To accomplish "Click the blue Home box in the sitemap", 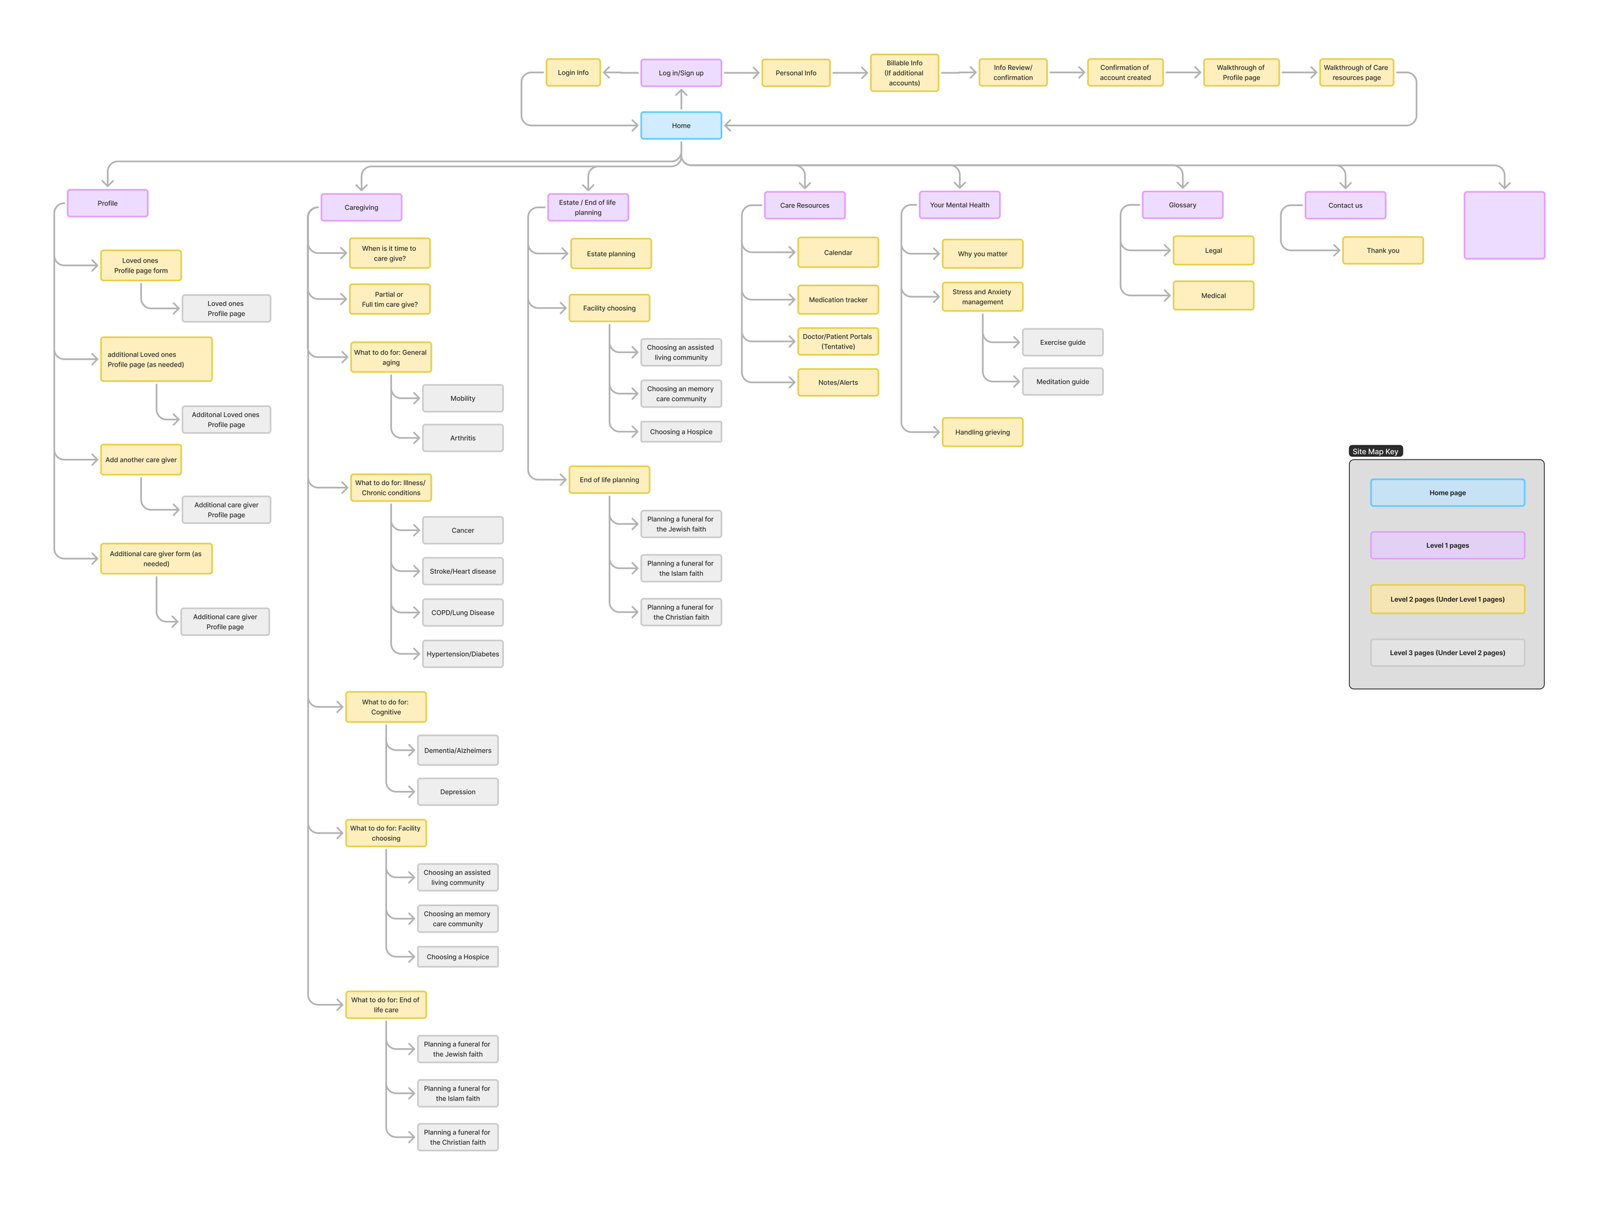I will click(x=681, y=125).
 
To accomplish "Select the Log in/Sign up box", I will click(x=681, y=73).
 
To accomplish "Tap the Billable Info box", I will click(x=904, y=73).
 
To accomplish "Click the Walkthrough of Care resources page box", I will click(x=1355, y=72).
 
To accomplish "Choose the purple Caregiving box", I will click(x=361, y=207).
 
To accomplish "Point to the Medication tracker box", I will click(x=837, y=299).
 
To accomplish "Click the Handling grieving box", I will click(x=982, y=432).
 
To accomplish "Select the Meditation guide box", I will click(x=1062, y=381).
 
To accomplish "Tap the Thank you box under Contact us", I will click(x=1382, y=250).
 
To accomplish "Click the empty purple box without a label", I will click(x=1504, y=225).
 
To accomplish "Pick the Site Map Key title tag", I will click(x=1375, y=451).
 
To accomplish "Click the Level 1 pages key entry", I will click(x=1447, y=545).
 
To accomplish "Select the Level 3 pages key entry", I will click(x=1447, y=652).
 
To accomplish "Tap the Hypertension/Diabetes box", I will click(x=462, y=654).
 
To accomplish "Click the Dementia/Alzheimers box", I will click(x=457, y=750).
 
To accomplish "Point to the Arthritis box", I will click(x=462, y=438).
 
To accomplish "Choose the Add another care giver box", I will click(x=141, y=459).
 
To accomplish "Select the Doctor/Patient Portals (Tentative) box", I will click(x=837, y=341).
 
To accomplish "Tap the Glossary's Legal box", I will click(x=1212, y=250).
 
